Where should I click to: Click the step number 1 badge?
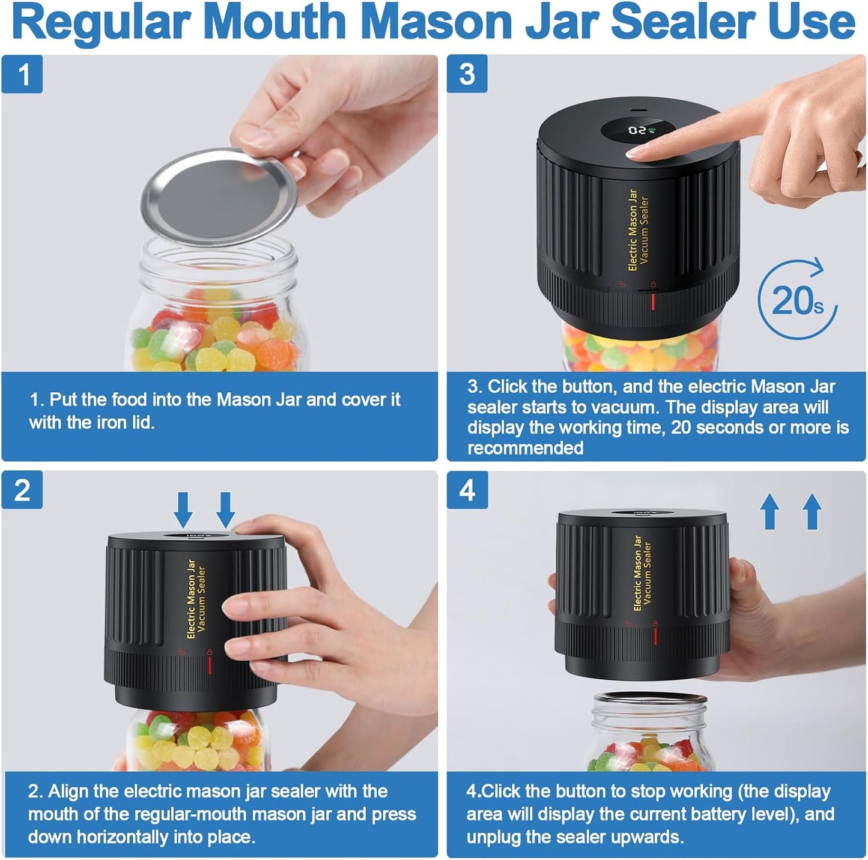pos(22,74)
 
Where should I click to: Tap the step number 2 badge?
pos(22,490)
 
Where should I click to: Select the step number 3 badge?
pos(467,74)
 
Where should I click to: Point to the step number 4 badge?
pos(467,490)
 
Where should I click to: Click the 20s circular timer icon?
pos(797,299)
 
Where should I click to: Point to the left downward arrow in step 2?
pos(183,510)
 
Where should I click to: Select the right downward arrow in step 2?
pos(225,510)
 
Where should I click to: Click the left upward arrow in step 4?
pos(769,511)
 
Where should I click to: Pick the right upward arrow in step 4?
pos(812,511)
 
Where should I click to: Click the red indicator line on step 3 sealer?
pos(653,301)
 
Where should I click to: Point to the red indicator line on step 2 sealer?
pos(210,665)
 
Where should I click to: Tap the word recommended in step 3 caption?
pos(526,448)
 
